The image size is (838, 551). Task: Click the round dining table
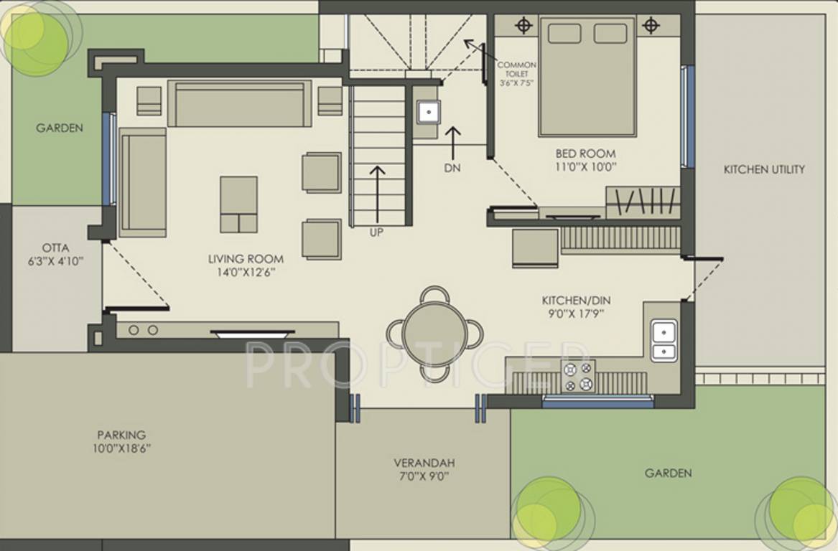click(435, 334)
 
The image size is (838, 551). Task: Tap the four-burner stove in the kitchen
click(578, 376)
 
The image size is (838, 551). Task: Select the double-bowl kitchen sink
click(663, 341)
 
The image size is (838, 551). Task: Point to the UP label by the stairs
click(376, 232)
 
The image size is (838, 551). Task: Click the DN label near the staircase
click(452, 168)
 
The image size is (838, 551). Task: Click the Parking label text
click(121, 435)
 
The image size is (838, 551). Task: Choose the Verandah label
click(424, 463)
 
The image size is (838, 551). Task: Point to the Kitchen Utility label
click(764, 169)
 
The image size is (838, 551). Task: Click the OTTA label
click(55, 248)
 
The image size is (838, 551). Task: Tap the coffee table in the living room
click(238, 204)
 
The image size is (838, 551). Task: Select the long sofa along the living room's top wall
click(239, 104)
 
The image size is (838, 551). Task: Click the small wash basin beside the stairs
click(429, 112)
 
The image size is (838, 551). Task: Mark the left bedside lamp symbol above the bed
click(525, 26)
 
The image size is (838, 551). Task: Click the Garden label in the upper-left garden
click(60, 128)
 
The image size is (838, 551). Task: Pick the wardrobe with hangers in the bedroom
click(643, 202)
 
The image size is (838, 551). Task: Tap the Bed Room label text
click(585, 154)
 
